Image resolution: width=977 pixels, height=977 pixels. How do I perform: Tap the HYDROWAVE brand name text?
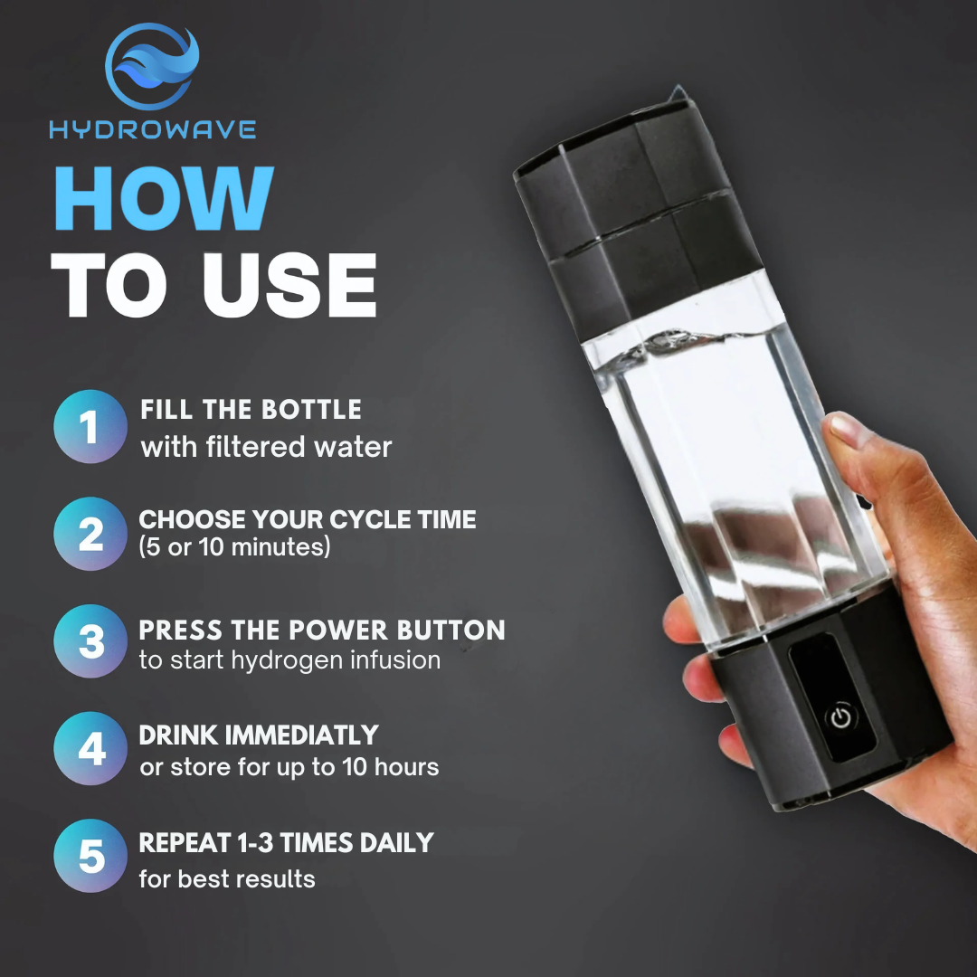153,129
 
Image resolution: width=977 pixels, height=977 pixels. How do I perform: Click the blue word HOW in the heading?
163,198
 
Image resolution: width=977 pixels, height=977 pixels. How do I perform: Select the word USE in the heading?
289,286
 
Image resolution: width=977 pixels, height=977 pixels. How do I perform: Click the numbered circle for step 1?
90,427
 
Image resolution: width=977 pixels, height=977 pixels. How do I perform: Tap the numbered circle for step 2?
90,534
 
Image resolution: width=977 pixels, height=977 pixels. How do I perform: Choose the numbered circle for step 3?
90,641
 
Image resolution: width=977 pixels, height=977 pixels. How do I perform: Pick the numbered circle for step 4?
90,748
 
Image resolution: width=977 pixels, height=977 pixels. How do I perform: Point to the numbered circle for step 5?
90,856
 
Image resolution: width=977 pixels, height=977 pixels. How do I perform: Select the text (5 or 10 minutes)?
234,547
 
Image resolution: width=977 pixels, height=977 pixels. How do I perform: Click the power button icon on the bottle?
841,717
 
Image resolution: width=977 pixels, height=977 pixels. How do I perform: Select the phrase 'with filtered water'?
266,447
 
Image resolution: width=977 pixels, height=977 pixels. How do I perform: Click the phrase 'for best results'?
227,878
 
